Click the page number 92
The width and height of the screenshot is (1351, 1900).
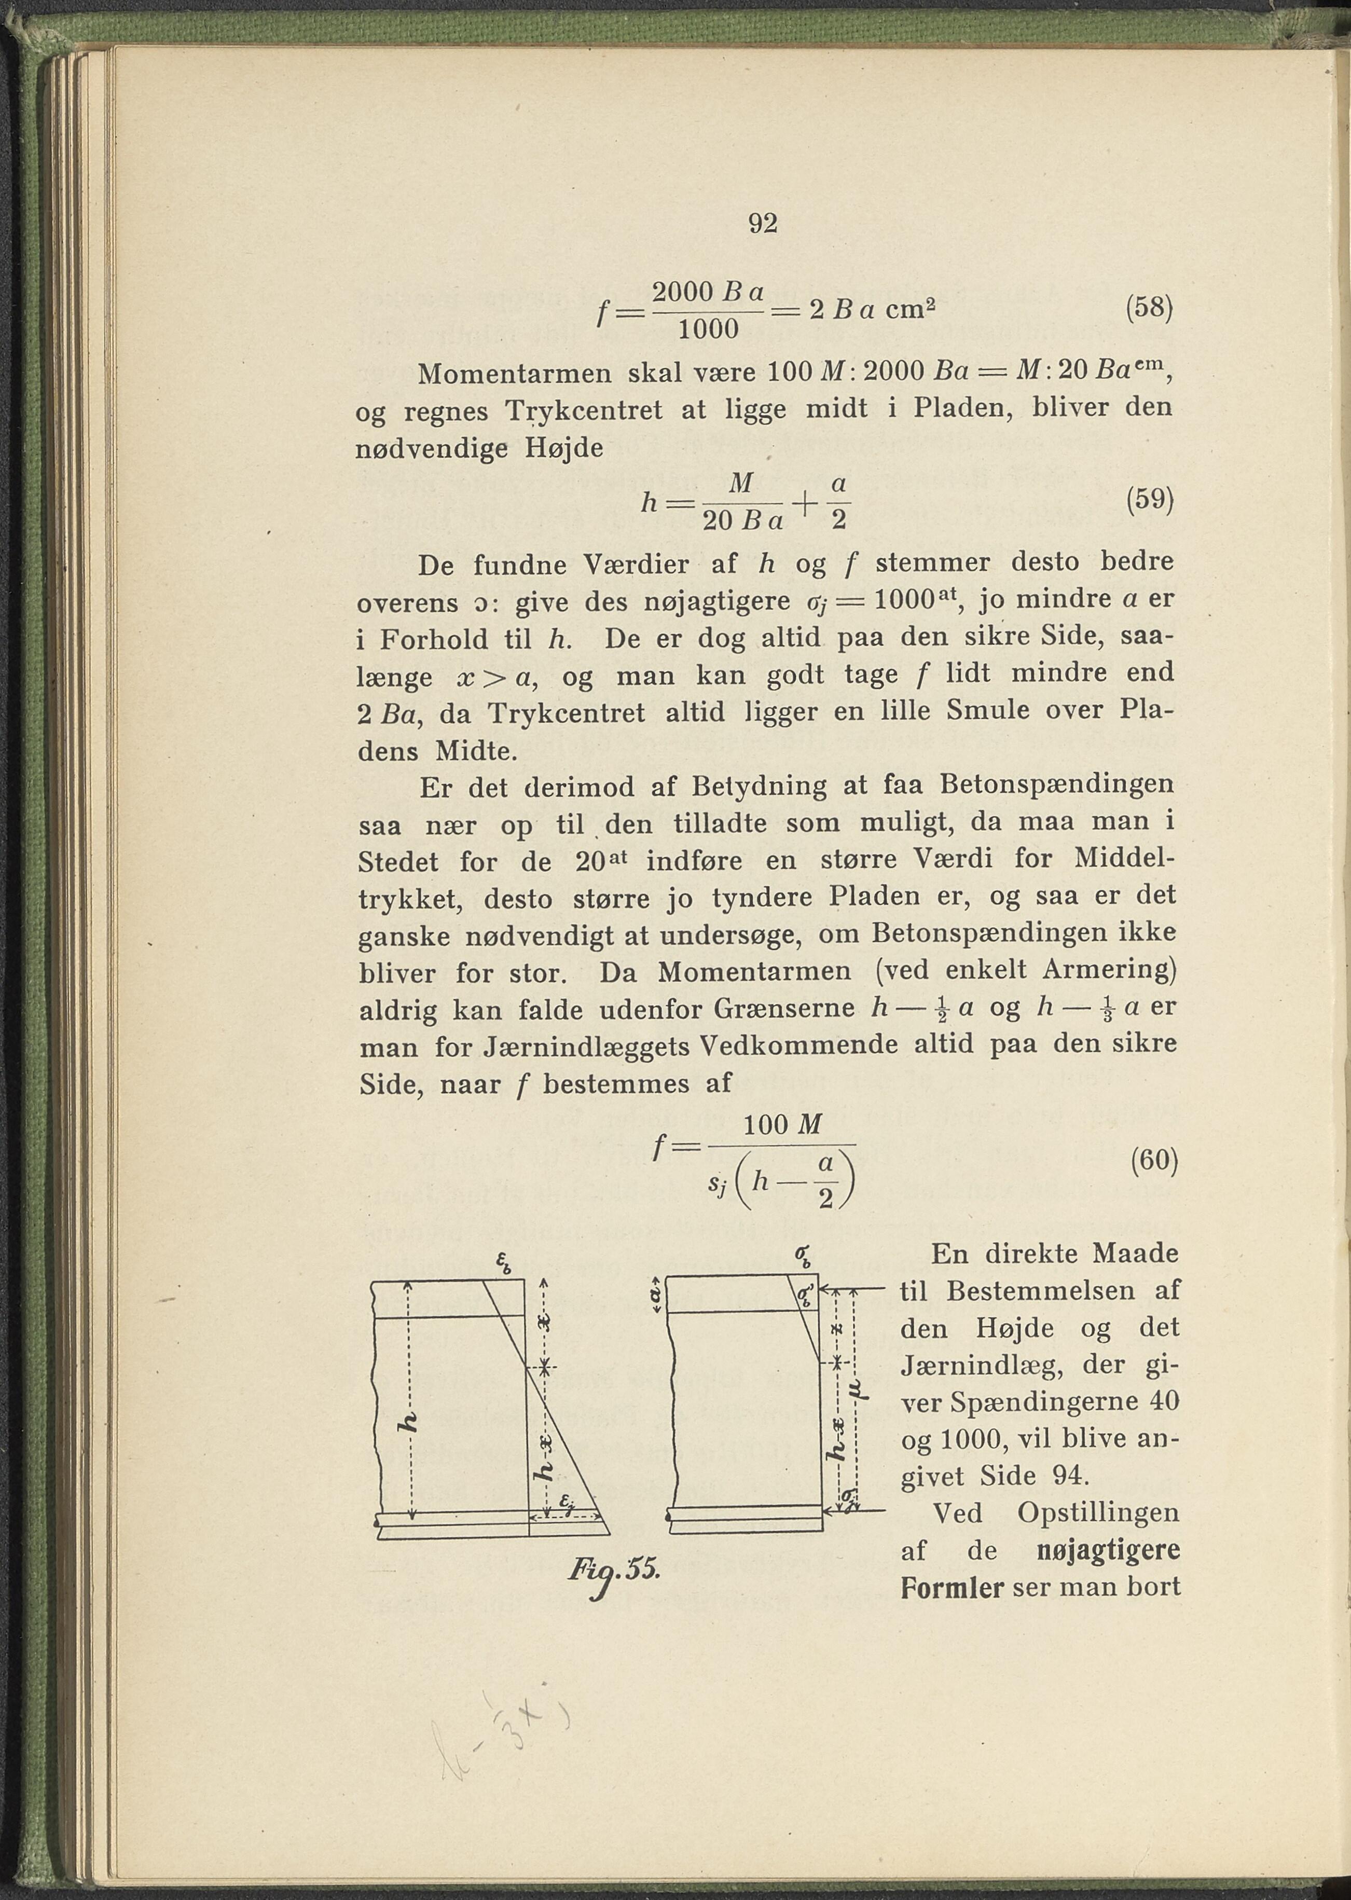[762, 224]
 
